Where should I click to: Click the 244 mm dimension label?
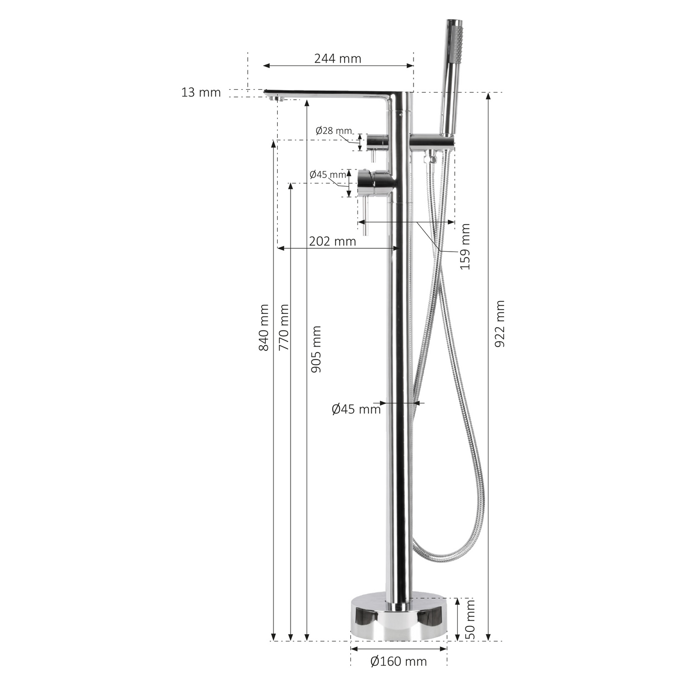[x=338, y=58]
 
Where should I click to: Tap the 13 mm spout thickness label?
[x=201, y=93]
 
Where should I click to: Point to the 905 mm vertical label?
[x=316, y=349]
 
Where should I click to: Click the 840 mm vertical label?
[x=264, y=328]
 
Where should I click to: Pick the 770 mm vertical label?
[x=284, y=328]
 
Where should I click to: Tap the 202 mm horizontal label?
[x=332, y=241]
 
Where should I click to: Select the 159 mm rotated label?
[x=465, y=246]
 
